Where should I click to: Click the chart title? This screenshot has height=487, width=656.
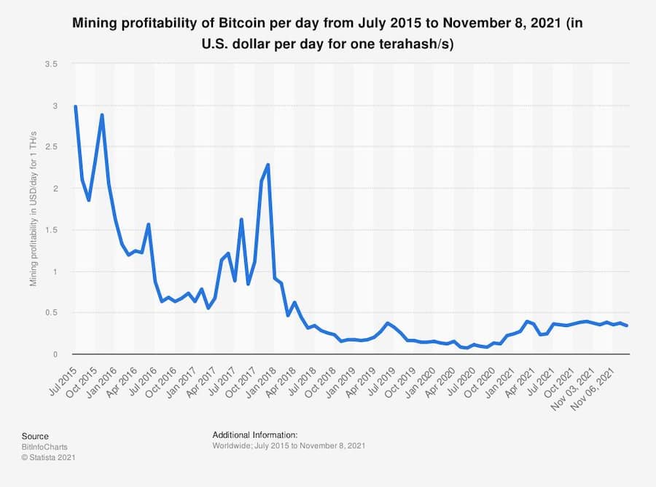(327, 33)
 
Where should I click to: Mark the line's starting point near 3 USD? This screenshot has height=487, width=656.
(75, 107)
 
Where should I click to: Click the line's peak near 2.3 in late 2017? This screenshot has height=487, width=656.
(268, 165)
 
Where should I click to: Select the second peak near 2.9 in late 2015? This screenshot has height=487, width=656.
(102, 115)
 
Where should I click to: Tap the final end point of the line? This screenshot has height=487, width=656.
(627, 325)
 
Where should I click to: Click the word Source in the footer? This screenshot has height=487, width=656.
(35, 436)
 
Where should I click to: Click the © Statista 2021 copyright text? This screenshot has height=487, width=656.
(48, 457)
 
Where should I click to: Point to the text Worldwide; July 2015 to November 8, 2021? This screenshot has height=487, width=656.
(289, 445)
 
